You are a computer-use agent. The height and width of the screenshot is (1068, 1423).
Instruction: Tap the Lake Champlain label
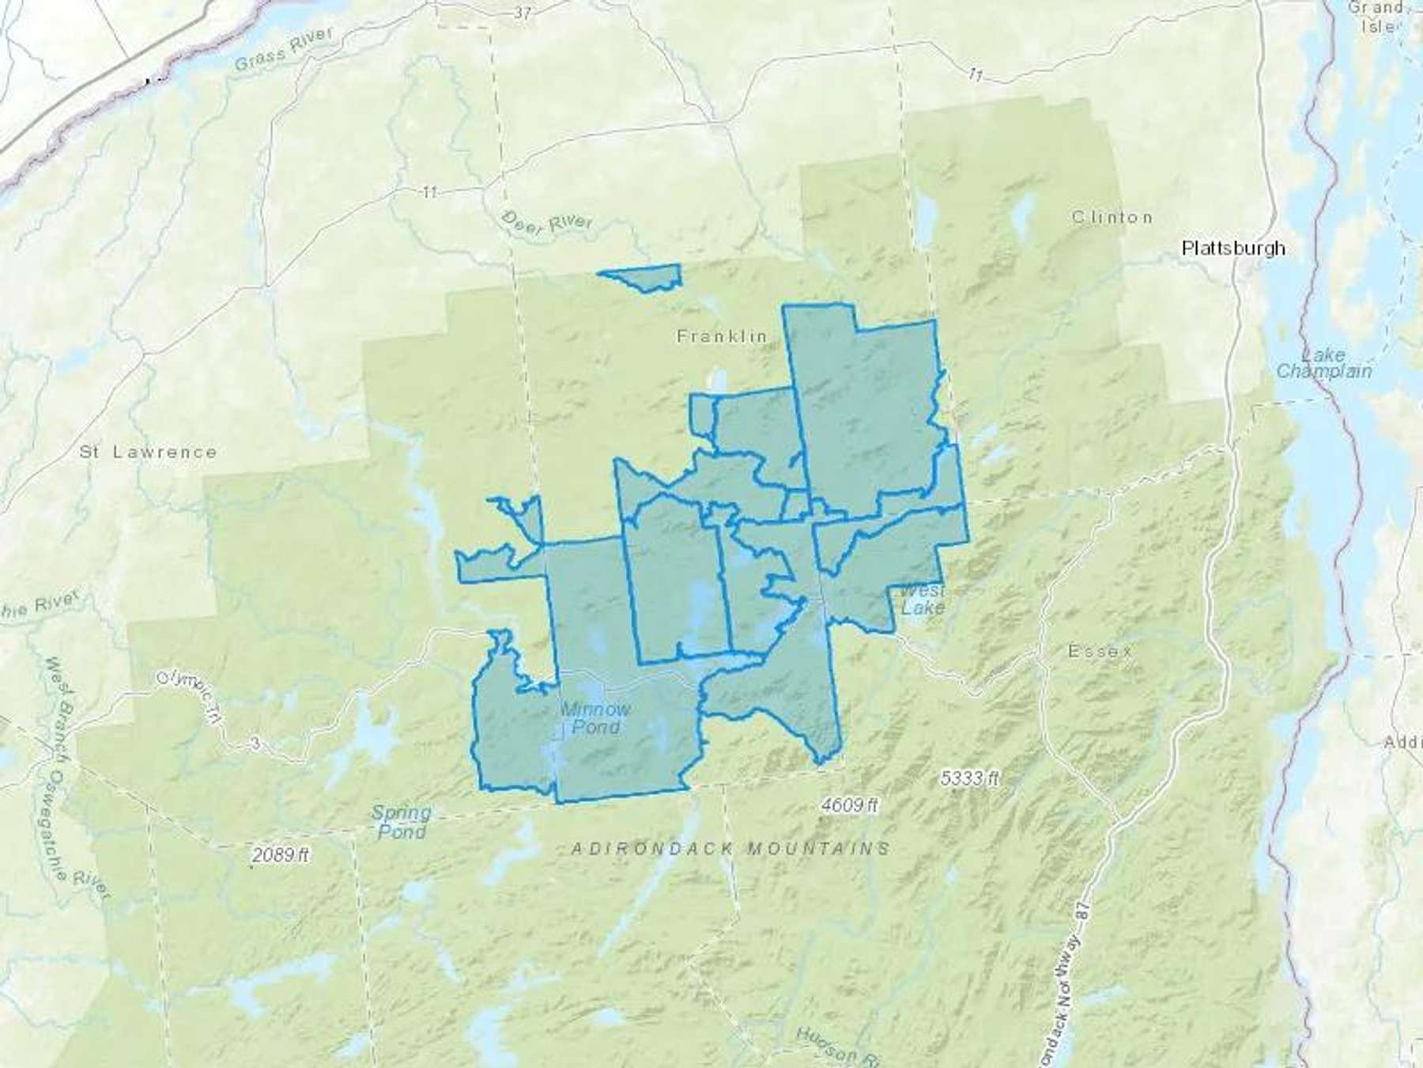coord(1324,363)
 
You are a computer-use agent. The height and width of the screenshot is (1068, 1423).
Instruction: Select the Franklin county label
coord(722,336)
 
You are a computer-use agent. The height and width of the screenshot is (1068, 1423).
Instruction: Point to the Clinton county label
coord(1112,217)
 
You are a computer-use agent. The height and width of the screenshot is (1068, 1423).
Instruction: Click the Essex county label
coord(1100,652)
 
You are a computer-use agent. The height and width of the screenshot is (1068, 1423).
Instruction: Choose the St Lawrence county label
coord(148,453)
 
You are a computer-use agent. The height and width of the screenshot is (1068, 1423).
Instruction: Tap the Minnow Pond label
coord(595,718)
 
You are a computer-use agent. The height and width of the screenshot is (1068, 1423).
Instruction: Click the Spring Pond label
coord(401,821)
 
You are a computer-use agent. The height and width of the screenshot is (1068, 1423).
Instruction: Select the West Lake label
coord(922,600)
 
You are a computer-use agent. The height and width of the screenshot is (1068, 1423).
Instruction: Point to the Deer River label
coord(547,222)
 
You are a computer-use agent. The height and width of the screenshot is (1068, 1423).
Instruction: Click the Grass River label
coord(284,51)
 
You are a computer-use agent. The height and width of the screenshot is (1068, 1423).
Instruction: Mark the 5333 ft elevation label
coord(970,778)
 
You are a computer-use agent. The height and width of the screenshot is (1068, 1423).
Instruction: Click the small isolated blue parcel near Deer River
coord(644,278)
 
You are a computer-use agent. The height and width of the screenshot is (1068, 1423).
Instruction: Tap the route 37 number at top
coord(522,13)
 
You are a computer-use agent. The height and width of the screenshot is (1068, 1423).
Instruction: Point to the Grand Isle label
coord(1376,17)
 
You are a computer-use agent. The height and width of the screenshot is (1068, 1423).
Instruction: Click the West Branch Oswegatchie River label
coord(75,775)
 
